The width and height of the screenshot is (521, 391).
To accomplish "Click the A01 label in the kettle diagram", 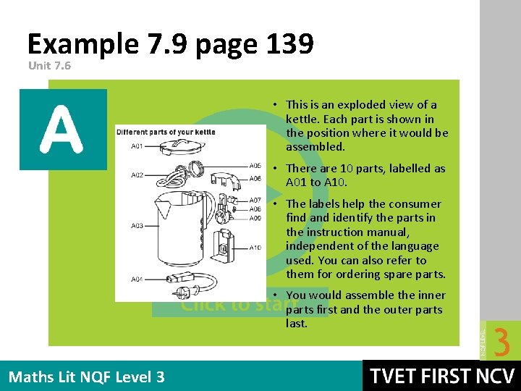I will coord(137,147).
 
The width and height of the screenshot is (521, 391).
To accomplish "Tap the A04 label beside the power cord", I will coord(137,279).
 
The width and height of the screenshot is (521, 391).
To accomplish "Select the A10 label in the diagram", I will coord(255,248).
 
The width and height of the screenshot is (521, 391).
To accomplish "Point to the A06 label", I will coord(255,178).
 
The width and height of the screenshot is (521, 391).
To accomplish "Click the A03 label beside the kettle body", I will coord(137,226).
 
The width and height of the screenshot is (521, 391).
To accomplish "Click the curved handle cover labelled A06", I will coord(229,175).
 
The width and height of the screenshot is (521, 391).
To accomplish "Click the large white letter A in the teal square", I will coord(63,130).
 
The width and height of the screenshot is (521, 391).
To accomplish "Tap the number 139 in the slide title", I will coord(287,45).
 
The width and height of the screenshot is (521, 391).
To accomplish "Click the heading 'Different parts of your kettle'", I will coord(166,133).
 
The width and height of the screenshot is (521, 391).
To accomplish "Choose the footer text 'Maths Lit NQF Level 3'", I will coord(87,377).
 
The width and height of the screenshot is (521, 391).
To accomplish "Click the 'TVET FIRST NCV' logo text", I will coord(442,377).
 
